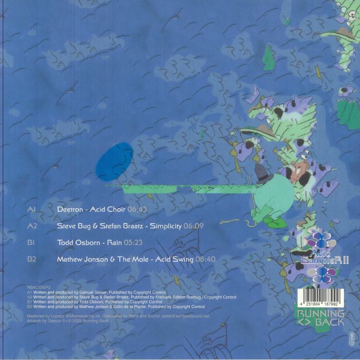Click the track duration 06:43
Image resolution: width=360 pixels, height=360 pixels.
click(137, 210)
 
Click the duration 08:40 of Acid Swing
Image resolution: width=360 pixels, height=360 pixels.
click(205, 259)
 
